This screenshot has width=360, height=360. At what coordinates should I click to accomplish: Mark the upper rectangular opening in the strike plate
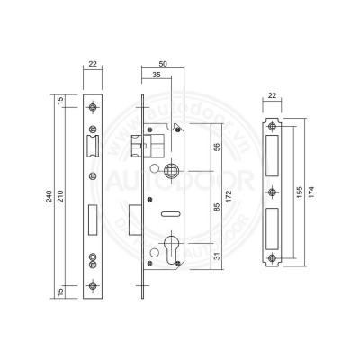click(274, 157)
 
